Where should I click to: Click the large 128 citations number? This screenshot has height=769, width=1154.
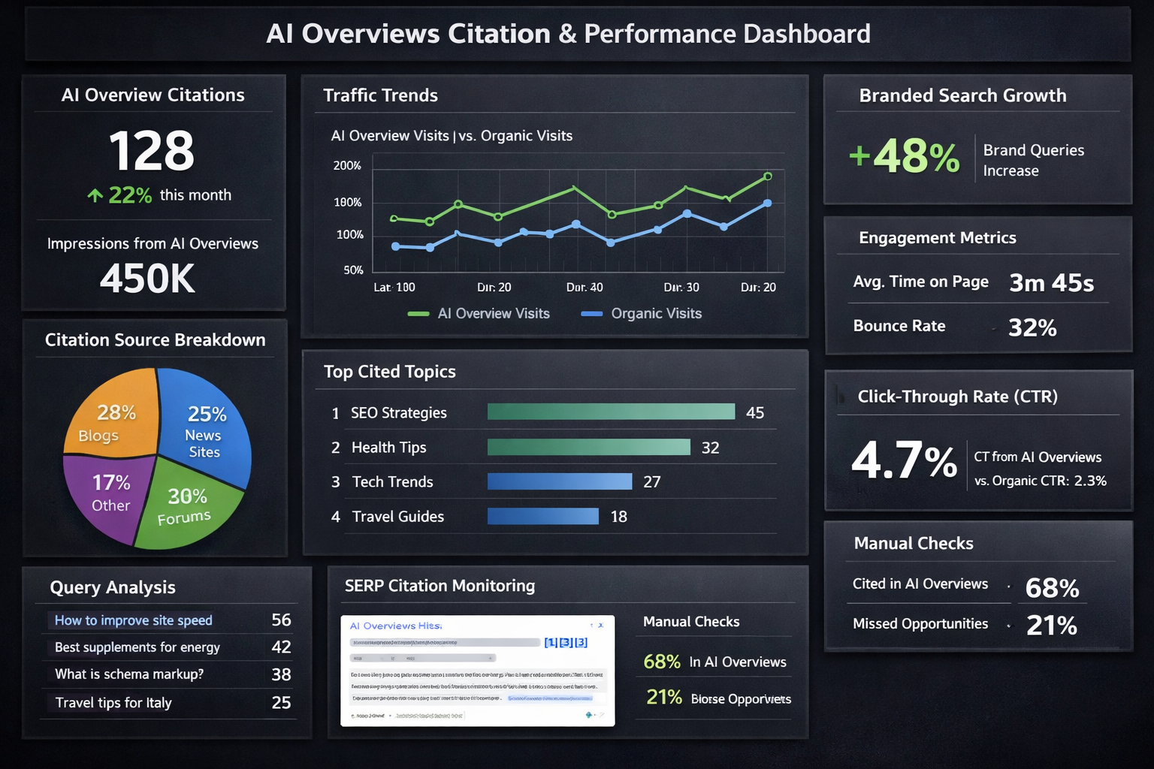tap(151, 151)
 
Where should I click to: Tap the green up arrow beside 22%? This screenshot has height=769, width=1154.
tap(95, 196)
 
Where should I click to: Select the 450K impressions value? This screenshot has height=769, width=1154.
tap(147, 279)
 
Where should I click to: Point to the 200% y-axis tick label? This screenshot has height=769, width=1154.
tap(347, 165)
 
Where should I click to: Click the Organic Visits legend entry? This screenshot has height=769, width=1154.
tap(642, 314)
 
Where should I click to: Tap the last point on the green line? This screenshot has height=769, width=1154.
tap(767, 176)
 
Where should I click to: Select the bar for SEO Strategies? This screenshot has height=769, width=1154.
tap(611, 412)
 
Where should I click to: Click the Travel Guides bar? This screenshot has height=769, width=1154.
tap(542, 516)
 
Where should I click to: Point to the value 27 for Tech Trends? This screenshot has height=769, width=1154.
tap(651, 482)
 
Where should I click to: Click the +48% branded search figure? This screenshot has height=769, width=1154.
tap(905, 156)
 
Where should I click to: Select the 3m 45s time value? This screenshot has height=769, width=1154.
tap(1051, 283)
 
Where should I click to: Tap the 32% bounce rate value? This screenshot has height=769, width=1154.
tap(1032, 327)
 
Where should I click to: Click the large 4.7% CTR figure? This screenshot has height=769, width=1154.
tap(904, 460)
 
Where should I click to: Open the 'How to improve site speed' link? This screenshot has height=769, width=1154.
tap(134, 620)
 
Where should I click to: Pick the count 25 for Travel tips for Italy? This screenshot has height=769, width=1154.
tap(281, 703)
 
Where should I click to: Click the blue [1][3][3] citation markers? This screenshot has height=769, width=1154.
tap(566, 642)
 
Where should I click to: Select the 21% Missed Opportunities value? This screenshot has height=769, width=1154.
tap(1051, 625)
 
